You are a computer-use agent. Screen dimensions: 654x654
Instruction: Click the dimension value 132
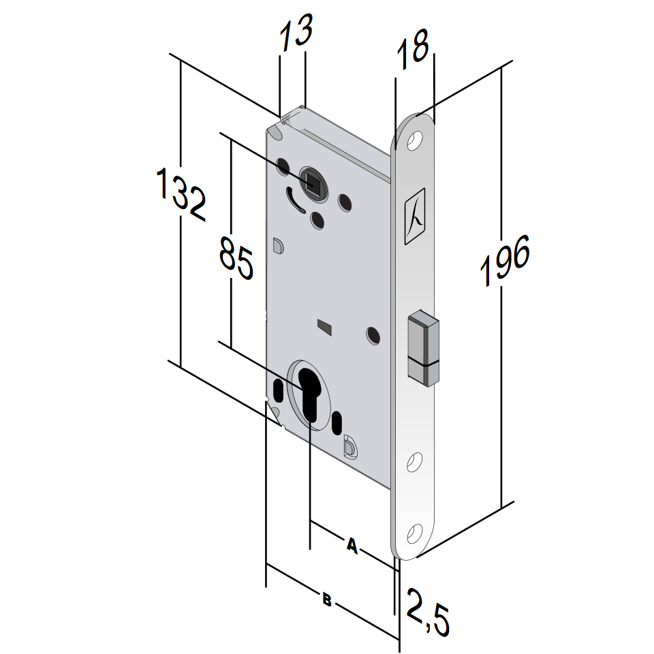click(181, 194)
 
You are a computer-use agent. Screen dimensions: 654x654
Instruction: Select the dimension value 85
click(236, 257)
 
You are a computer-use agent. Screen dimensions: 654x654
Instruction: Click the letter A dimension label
click(352, 545)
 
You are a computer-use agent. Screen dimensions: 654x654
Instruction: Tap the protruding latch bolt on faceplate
click(424, 345)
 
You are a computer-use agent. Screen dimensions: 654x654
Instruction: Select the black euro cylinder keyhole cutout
click(310, 395)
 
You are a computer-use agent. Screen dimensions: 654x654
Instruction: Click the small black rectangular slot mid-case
click(325, 328)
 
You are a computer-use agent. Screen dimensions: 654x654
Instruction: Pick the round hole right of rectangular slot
click(373, 334)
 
